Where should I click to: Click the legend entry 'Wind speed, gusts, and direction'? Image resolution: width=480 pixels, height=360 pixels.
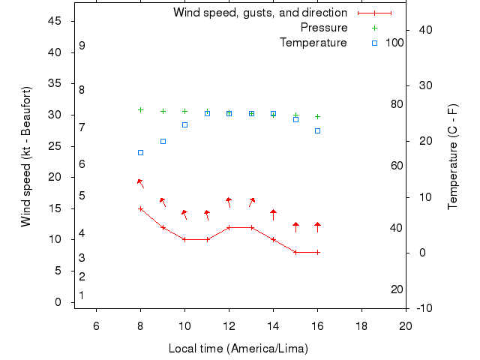(259, 13)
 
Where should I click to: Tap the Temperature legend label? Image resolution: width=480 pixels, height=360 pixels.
(313, 43)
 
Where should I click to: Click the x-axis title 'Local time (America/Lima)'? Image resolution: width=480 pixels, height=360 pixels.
(238, 349)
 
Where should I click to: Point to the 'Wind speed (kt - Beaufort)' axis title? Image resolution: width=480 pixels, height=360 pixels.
(26, 156)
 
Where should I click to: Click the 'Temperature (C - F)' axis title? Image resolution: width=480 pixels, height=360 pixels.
(453, 156)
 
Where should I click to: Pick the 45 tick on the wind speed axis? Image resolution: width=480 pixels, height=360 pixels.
(55, 21)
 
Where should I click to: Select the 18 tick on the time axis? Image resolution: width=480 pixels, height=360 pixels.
(361, 325)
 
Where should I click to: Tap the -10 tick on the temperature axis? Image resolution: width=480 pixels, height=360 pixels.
(422, 308)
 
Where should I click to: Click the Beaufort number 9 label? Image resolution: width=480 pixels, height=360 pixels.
(82, 46)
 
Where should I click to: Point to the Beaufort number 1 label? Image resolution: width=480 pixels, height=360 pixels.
(82, 295)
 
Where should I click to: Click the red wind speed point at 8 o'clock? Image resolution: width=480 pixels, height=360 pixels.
(140, 208)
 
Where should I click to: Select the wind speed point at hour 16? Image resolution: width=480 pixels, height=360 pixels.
(317, 252)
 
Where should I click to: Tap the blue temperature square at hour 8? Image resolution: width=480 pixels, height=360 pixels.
(140, 152)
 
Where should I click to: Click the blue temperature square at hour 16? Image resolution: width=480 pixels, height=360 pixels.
(317, 130)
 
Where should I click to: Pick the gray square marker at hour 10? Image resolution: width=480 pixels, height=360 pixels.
(184, 124)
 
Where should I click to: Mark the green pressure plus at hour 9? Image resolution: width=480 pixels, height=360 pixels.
(163, 111)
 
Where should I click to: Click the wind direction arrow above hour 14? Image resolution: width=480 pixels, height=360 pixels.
(273, 214)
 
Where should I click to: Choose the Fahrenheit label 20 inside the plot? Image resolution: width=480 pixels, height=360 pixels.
(397, 289)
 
